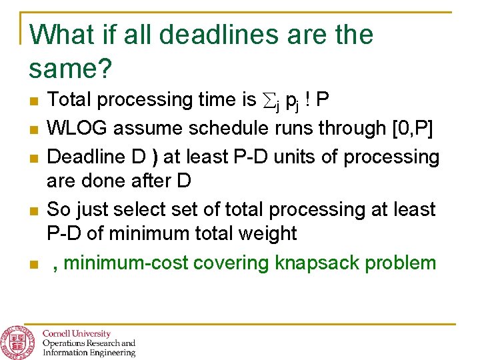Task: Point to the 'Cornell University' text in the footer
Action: coord(77,333)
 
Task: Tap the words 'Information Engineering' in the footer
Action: coord(89,353)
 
